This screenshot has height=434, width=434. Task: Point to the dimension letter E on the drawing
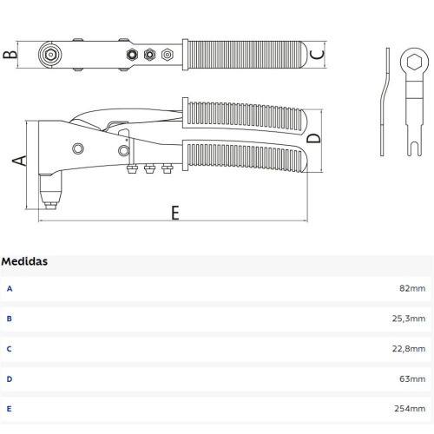pos(174,213)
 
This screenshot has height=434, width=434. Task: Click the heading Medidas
pos(24,260)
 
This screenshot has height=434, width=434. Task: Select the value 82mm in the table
pos(413,287)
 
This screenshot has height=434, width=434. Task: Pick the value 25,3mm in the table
pos(409,318)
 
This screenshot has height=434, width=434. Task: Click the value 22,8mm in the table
pos(409,348)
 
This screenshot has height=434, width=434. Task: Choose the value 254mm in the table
pos(411,409)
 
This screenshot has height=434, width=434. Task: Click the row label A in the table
pos(10,287)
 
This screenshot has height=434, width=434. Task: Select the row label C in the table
pos(10,348)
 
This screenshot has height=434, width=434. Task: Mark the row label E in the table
pos(10,409)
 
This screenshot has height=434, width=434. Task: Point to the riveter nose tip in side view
pos(50,204)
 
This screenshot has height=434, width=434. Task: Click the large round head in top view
pos(50,55)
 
